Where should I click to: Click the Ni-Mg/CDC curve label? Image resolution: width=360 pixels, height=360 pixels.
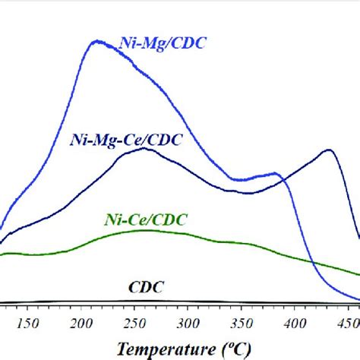click(163, 44)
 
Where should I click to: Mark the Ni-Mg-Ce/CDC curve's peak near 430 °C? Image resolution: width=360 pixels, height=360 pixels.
click(328, 150)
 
